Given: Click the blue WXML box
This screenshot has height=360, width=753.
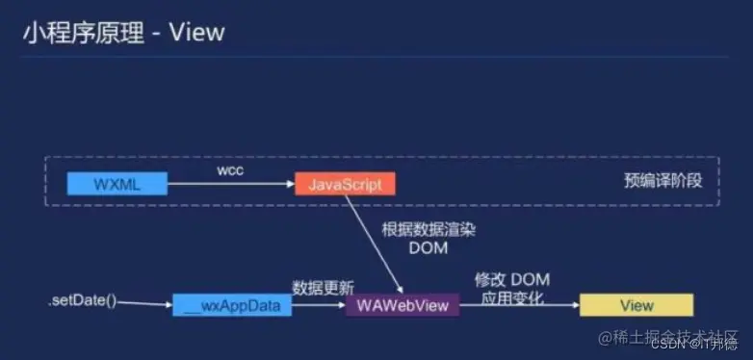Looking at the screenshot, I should click(x=117, y=183).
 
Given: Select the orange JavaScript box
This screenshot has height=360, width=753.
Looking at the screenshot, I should click(x=345, y=183).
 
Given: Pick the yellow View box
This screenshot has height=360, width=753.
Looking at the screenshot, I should click(x=636, y=306).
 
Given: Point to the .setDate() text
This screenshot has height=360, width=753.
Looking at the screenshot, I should click(x=81, y=301).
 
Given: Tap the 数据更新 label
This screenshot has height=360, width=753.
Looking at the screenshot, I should click(x=323, y=287).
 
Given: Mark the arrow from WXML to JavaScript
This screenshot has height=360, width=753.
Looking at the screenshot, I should click(x=231, y=183).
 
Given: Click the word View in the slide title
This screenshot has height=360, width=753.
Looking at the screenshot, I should click(x=196, y=32).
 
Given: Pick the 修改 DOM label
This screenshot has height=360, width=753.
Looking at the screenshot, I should click(x=511, y=279).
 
